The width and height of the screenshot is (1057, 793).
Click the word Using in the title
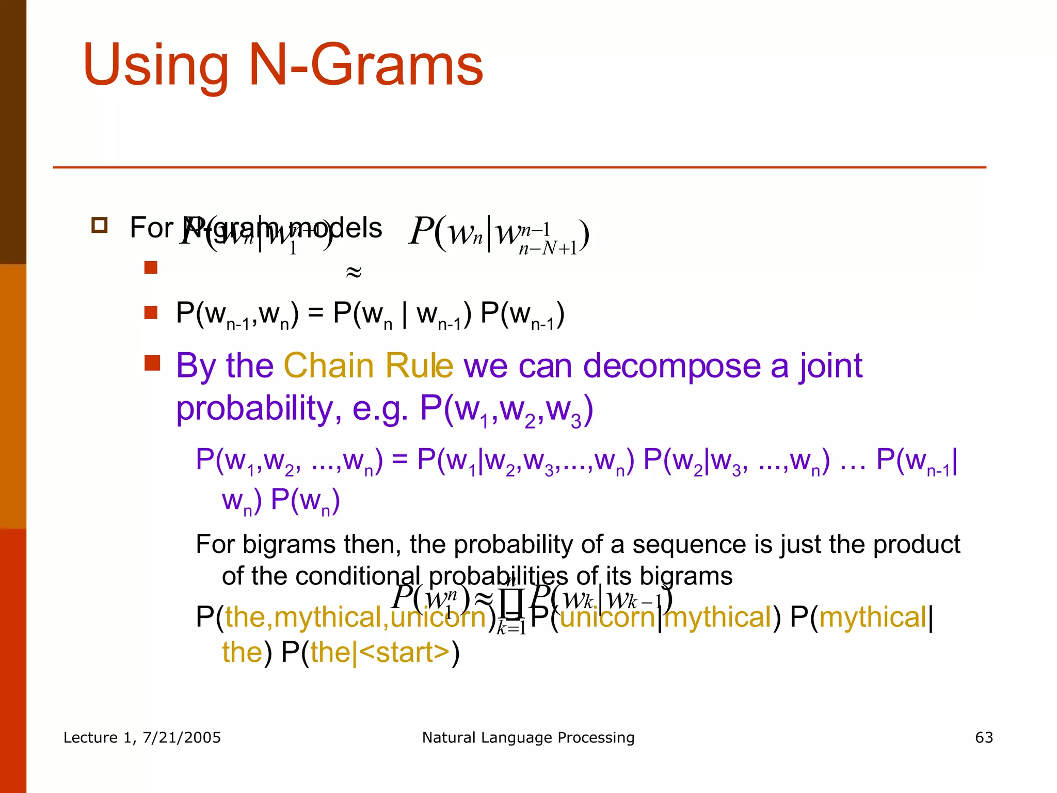point(155,66)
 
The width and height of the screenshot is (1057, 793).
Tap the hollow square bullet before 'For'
point(99,226)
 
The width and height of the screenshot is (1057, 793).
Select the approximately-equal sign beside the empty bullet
point(354,272)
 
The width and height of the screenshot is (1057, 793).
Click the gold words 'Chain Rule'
point(368,366)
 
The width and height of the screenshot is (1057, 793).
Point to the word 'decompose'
point(671,366)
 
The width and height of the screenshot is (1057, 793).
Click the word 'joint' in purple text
point(831,366)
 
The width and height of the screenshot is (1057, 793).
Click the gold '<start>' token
point(405,652)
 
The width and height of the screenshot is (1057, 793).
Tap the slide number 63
point(984,737)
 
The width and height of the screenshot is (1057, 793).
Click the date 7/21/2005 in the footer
point(182,737)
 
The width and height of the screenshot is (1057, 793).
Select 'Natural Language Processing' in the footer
point(528,737)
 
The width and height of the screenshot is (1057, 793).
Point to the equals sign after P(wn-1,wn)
point(316,313)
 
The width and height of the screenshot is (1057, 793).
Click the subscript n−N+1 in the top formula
point(548,249)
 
